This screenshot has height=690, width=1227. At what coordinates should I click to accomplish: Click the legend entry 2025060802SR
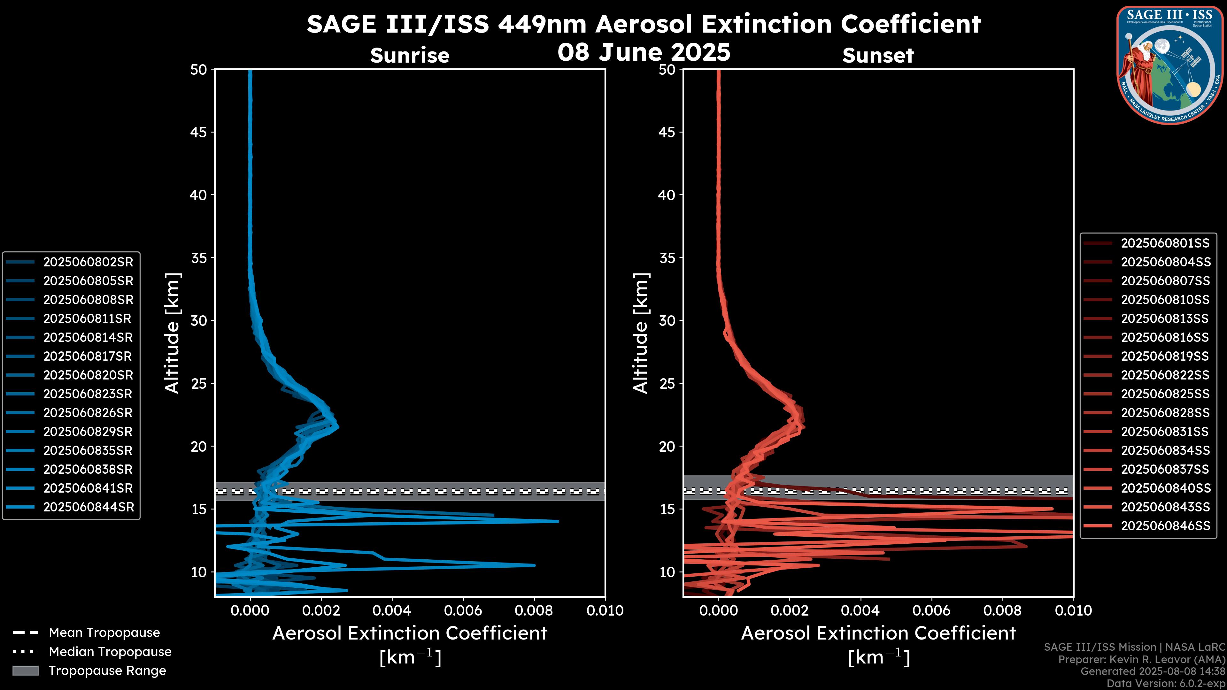[x=88, y=262]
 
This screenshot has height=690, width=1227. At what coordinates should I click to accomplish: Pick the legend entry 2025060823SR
[x=88, y=394]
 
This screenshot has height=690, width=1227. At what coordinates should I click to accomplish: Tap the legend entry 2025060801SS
[x=1165, y=243]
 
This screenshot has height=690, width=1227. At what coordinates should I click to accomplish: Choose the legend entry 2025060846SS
[x=1165, y=526]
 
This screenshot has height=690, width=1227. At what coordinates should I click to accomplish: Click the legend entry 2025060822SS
[x=1165, y=375]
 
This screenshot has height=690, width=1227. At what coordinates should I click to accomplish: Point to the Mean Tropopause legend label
[x=104, y=632]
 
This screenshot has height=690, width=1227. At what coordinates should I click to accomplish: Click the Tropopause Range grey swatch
[x=26, y=671]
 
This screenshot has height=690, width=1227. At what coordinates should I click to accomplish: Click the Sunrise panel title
[x=410, y=55]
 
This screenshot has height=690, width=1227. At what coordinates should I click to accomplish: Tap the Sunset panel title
[x=878, y=55]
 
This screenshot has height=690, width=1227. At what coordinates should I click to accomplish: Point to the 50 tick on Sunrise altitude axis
[x=199, y=70]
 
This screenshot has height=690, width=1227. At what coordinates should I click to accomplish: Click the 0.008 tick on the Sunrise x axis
[x=534, y=610]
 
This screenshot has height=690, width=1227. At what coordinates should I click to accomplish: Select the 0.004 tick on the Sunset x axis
[x=860, y=610]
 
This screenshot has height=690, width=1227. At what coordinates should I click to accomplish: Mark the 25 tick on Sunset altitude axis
[x=667, y=383]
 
